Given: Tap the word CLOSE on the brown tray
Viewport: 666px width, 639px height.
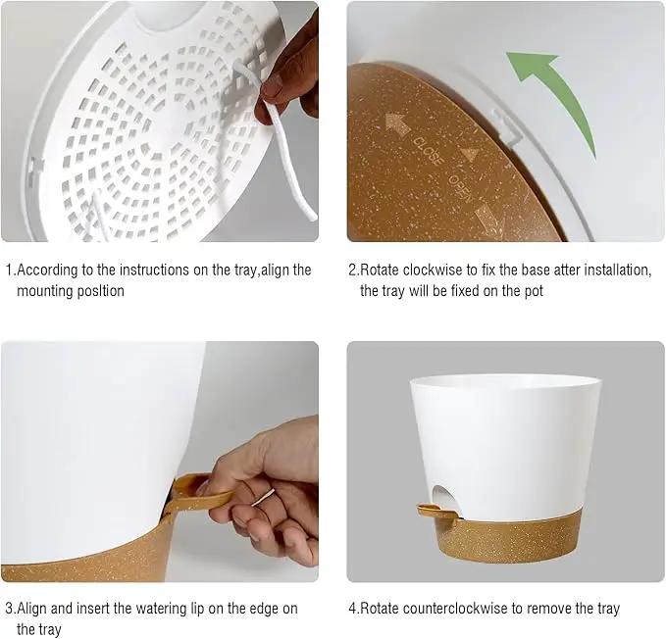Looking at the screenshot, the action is [x=429, y=152].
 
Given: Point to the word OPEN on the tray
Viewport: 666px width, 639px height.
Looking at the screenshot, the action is [x=460, y=188].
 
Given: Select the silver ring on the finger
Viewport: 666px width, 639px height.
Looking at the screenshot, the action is [x=263, y=497].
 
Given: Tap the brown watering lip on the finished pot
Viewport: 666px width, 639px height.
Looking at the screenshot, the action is [x=436, y=512].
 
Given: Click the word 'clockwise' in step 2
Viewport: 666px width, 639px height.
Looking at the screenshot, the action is [x=433, y=270].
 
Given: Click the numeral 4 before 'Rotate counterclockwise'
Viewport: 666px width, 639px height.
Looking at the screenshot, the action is [x=352, y=609].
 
